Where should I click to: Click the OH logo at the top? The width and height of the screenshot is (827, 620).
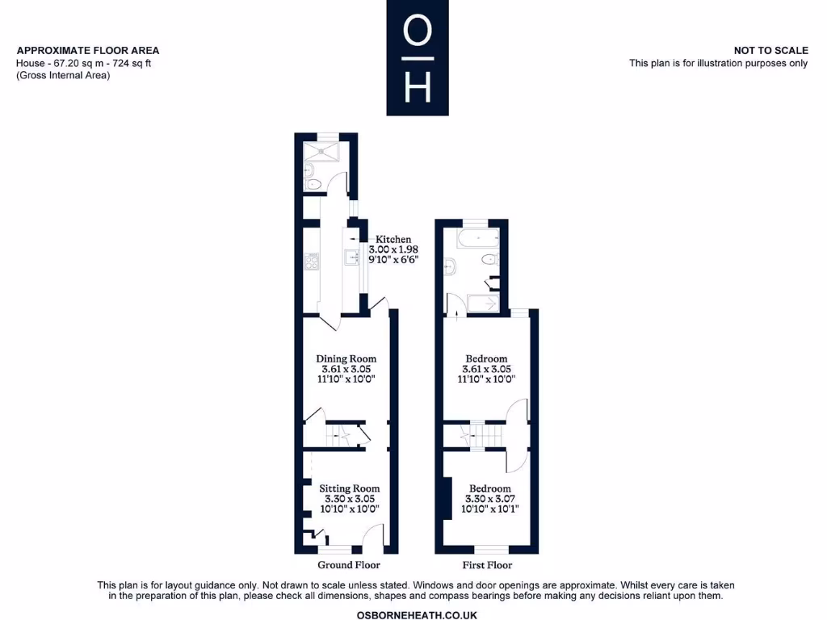(417, 57)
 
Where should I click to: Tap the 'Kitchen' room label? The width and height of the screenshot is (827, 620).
(393, 240)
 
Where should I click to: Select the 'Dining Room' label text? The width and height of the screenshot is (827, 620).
(346, 358)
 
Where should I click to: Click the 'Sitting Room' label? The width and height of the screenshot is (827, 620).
(349, 488)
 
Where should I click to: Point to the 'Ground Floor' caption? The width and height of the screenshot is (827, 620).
(348, 565)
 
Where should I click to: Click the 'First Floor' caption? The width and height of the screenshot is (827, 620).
(487, 565)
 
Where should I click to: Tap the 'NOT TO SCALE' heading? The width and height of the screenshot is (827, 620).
(770, 50)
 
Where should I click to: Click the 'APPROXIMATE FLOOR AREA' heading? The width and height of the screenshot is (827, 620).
(88, 50)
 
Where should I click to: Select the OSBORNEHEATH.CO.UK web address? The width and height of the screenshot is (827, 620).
(417, 615)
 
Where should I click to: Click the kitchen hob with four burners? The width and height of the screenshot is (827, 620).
(311, 261)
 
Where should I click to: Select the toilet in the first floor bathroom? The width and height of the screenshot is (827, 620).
(489, 260)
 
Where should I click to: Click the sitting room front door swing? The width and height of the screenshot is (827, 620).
(372, 537)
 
